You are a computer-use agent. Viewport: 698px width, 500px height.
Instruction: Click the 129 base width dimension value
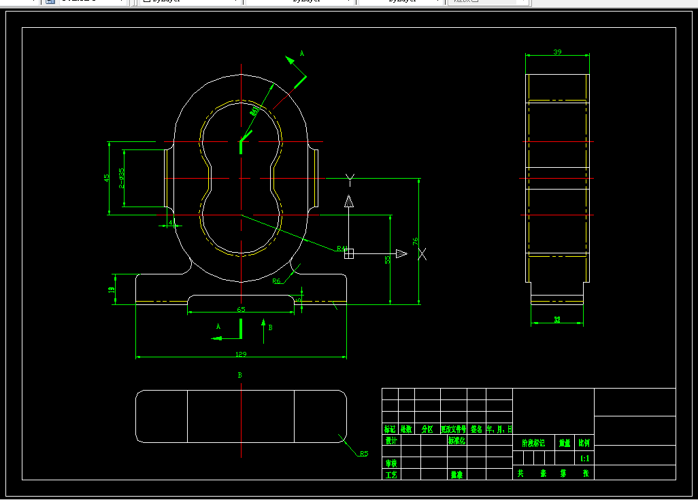241,354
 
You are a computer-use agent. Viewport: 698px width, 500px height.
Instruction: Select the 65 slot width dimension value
241,309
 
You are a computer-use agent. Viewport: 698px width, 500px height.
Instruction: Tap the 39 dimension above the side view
557,52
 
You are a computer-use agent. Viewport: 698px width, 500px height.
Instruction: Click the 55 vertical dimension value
387,259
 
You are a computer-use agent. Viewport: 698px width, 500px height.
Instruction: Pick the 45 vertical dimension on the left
106,177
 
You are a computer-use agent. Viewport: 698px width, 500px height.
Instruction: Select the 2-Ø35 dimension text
121,177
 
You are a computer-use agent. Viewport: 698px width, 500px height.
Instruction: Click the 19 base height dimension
112,289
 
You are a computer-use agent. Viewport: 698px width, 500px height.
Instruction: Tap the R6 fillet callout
277,281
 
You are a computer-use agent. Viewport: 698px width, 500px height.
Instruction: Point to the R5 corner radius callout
364,453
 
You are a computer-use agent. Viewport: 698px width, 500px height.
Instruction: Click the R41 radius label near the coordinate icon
342,249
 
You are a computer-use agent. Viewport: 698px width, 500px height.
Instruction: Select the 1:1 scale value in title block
584,459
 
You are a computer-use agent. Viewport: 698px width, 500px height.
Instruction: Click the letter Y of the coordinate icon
350,179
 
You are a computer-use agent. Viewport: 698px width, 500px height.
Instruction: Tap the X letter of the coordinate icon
422,254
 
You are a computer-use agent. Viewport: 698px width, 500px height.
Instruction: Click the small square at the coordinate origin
349,254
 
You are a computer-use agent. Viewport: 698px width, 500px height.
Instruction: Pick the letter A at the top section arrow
302,53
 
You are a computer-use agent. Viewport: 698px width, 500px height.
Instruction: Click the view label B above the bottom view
240,375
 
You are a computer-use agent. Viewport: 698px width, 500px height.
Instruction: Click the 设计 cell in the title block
390,440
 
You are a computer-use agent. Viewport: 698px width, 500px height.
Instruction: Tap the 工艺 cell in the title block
390,474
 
